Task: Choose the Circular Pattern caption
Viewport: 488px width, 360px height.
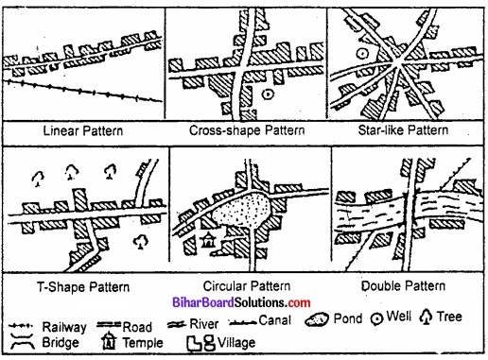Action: [x=244, y=284]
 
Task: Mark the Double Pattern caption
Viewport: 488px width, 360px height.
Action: [x=405, y=284]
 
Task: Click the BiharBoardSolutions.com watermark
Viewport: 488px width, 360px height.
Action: [x=245, y=301]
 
